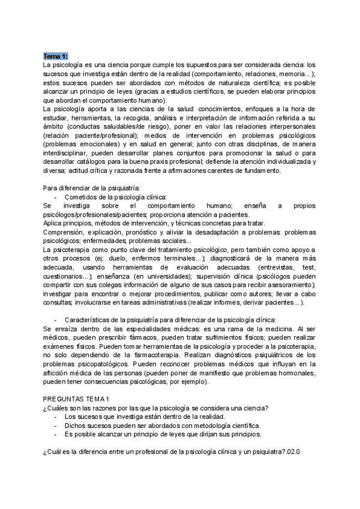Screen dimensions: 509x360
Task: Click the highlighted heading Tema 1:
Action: coord(56,56)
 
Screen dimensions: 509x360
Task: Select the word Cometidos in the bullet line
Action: coord(80,197)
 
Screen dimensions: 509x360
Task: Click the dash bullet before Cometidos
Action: coord(55,197)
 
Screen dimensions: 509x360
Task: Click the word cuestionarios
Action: coord(65,276)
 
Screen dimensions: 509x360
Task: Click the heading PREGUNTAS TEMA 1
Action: coord(77,400)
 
